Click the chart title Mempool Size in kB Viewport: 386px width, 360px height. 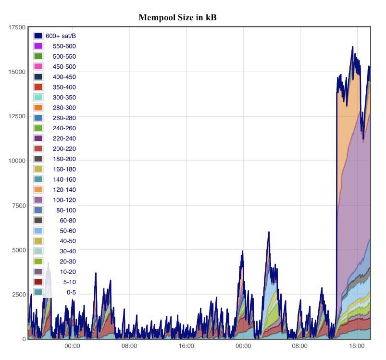pyautogui.click(x=178, y=17)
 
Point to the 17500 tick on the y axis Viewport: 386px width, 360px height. pyautogui.click(x=17, y=27)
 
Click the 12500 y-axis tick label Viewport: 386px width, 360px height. pyautogui.click(x=17, y=116)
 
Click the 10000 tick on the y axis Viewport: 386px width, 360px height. pyautogui.click(x=17, y=161)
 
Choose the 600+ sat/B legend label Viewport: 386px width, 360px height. pyautogui.click(x=61, y=36)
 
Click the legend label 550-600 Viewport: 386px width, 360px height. pyautogui.click(x=64, y=46)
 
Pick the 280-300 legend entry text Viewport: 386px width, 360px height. pyautogui.click(x=64, y=108)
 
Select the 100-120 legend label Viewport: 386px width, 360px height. pyautogui.click(x=64, y=200)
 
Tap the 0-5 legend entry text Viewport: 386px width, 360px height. pyautogui.click(x=71, y=292)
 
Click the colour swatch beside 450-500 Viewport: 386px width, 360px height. pyautogui.click(x=38, y=67)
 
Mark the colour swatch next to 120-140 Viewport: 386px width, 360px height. pyautogui.click(x=38, y=190)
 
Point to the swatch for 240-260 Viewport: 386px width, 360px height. pyautogui.click(x=38, y=128)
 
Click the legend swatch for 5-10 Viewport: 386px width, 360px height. pyautogui.click(x=38, y=282)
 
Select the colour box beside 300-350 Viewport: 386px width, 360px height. pyautogui.click(x=38, y=98)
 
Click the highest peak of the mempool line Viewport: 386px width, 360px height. pyautogui.click(x=352, y=47)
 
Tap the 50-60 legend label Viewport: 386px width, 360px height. pyautogui.click(x=68, y=231)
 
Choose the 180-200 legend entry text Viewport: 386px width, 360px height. pyautogui.click(x=64, y=159)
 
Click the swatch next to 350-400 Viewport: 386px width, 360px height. pyautogui.click(x=38, y=87)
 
